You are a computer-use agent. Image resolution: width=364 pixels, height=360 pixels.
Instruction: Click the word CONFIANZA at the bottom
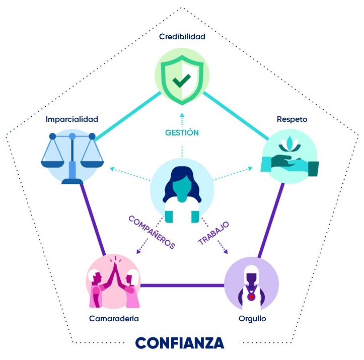[179, 343]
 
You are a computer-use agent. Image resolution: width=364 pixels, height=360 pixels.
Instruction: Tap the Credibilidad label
[182, 36]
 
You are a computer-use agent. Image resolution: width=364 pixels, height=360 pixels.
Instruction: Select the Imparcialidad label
[71, 119]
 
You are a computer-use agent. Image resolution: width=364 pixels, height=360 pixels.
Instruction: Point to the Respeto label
[292, 119]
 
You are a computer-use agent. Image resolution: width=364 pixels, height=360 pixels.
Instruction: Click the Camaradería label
[114, 318]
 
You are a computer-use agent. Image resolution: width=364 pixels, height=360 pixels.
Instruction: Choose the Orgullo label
[252, 319]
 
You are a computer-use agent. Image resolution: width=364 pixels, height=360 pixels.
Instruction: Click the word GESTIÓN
[182, 132]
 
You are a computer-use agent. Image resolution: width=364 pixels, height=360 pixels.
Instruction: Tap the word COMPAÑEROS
[152, 232]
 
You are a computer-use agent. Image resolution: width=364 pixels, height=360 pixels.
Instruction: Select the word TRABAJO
[213, 233]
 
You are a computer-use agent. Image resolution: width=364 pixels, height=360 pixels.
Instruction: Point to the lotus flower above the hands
[289, 143]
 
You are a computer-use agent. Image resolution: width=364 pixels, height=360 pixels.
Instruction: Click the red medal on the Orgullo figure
[251, 297]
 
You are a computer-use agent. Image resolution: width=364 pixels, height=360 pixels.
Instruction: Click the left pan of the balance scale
[52, 163]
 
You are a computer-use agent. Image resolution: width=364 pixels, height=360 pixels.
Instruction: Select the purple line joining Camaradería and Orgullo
[182, 285]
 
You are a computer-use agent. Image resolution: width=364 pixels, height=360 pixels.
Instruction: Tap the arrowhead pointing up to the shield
[182, 115]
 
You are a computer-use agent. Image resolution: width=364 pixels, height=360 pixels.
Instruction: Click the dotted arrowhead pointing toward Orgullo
[226, 252]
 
